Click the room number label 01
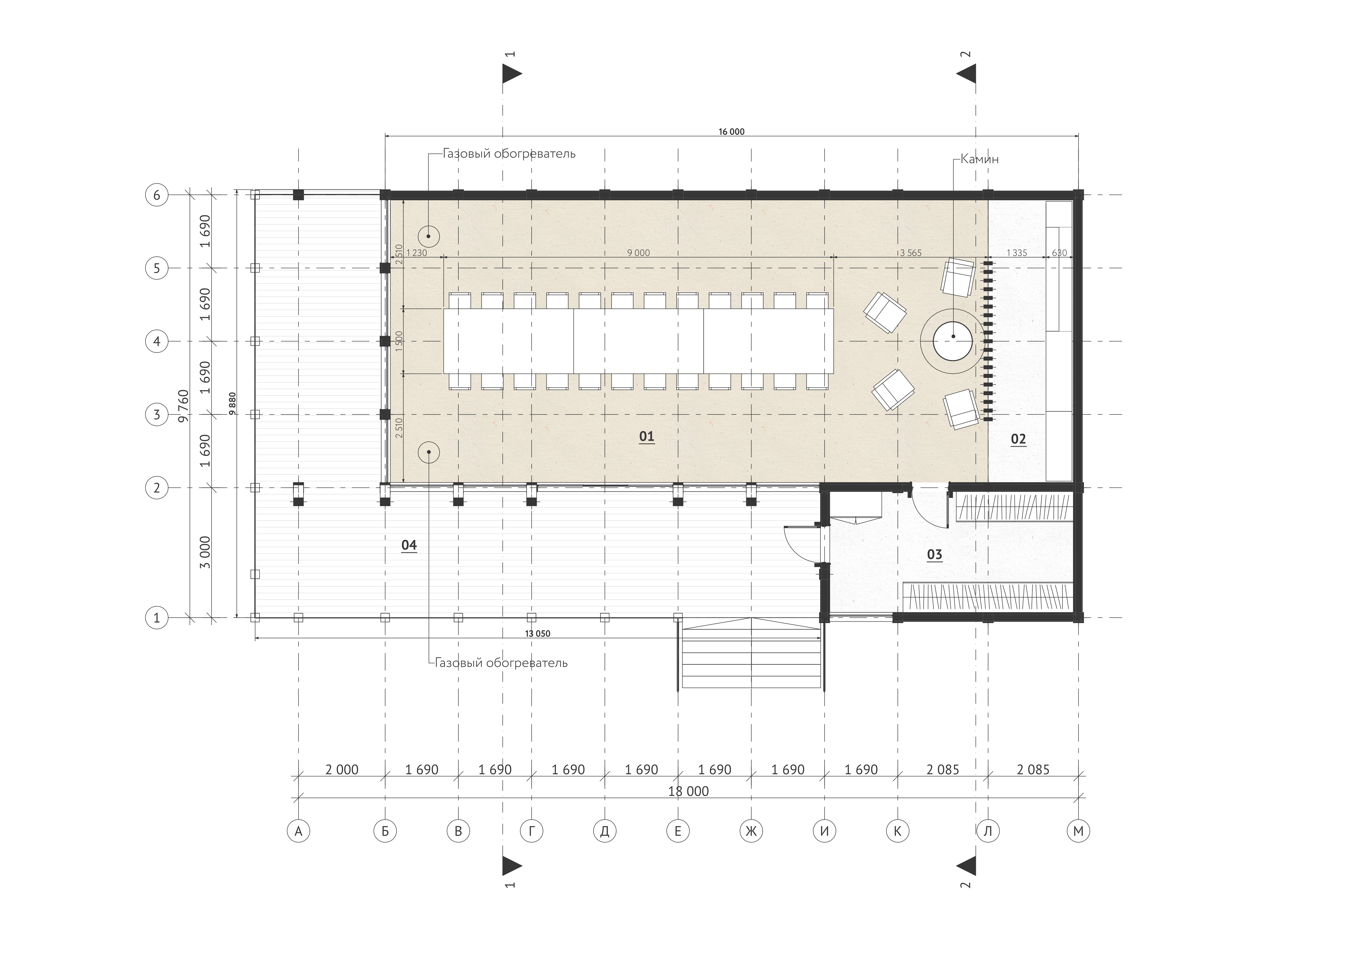647,437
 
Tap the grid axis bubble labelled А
299,831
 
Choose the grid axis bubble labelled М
1079,831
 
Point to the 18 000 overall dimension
688,791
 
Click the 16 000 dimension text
731,132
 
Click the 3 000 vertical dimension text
205,553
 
